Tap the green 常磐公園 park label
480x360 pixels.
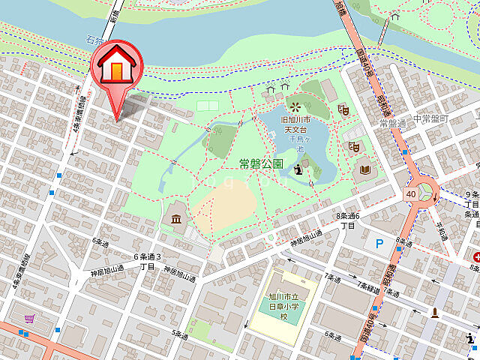260,163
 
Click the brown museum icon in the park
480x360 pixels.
175,219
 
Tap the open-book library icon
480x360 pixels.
365,170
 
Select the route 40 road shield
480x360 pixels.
412,194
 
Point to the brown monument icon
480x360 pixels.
433,311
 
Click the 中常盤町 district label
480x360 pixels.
434,119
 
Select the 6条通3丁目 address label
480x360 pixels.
147,261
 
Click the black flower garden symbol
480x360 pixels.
295,106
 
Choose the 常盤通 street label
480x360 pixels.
391,123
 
